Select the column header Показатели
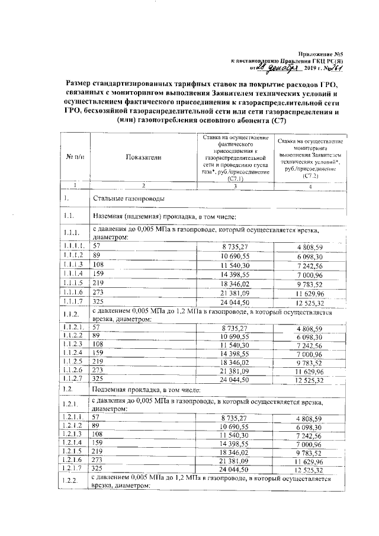[143, 157]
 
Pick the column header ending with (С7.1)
[235, 158]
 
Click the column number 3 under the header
[235, 186]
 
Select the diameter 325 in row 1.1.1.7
[99, 300]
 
